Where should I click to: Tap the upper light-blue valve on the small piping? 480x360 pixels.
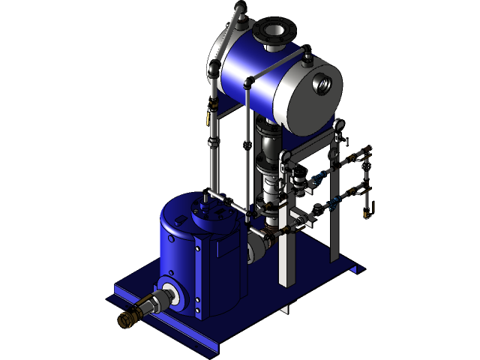321,178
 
